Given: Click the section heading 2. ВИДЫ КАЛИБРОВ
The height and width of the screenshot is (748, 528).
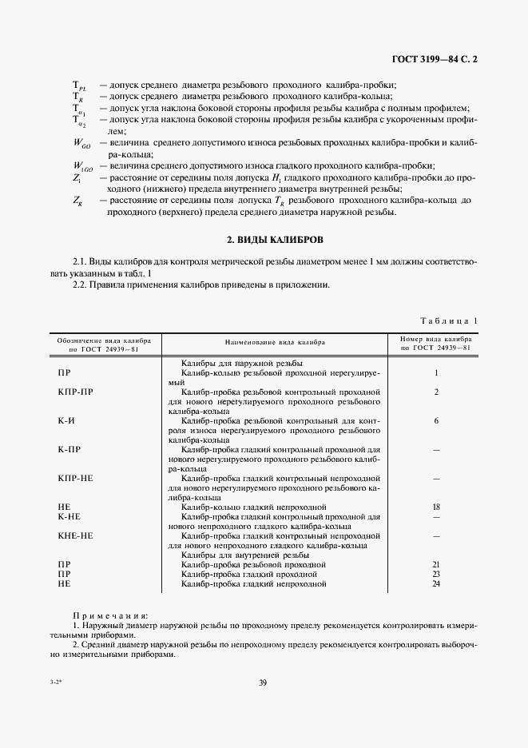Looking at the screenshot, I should (264, 239).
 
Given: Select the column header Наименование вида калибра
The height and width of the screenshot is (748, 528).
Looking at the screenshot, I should (275, 342).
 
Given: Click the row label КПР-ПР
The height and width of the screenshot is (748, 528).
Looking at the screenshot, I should (76, 392).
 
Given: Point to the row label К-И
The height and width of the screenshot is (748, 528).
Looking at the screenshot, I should (66, 420).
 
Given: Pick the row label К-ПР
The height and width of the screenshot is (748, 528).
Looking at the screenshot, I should (69, 449).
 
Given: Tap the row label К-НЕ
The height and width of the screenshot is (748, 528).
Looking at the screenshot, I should (69, 516).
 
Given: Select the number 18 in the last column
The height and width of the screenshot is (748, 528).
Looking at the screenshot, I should (436, 507).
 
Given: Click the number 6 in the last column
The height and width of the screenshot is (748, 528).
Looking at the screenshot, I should (436, 420).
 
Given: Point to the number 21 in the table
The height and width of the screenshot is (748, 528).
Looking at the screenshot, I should (436, 564).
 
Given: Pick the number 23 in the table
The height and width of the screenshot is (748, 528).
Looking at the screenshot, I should (436, 574).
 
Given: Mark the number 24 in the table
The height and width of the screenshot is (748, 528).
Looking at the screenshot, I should (436, 583).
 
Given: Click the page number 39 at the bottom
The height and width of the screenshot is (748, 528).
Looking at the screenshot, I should (263, 682).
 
